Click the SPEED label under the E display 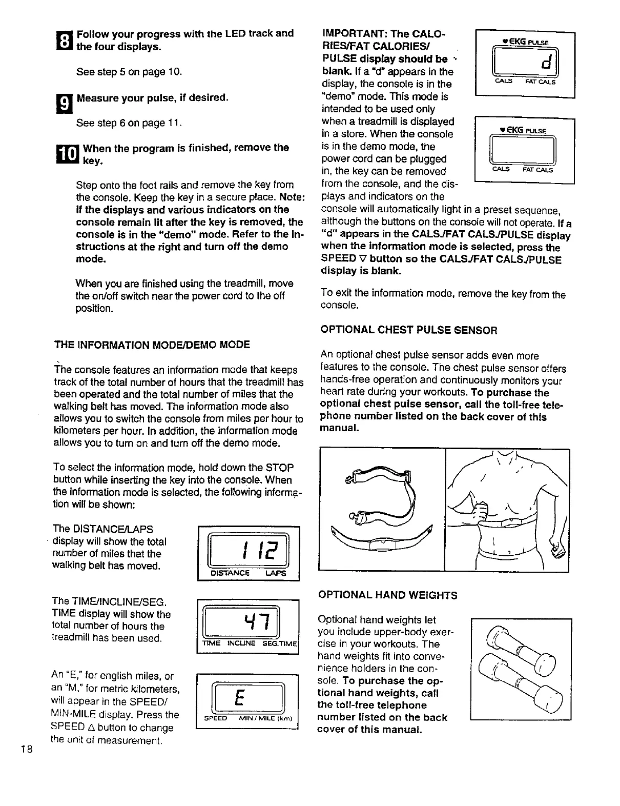coord(215,718)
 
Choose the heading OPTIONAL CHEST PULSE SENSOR coord(408,330)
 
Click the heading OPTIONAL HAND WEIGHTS coord(387,595)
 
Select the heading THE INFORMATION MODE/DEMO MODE coord(152,345)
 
